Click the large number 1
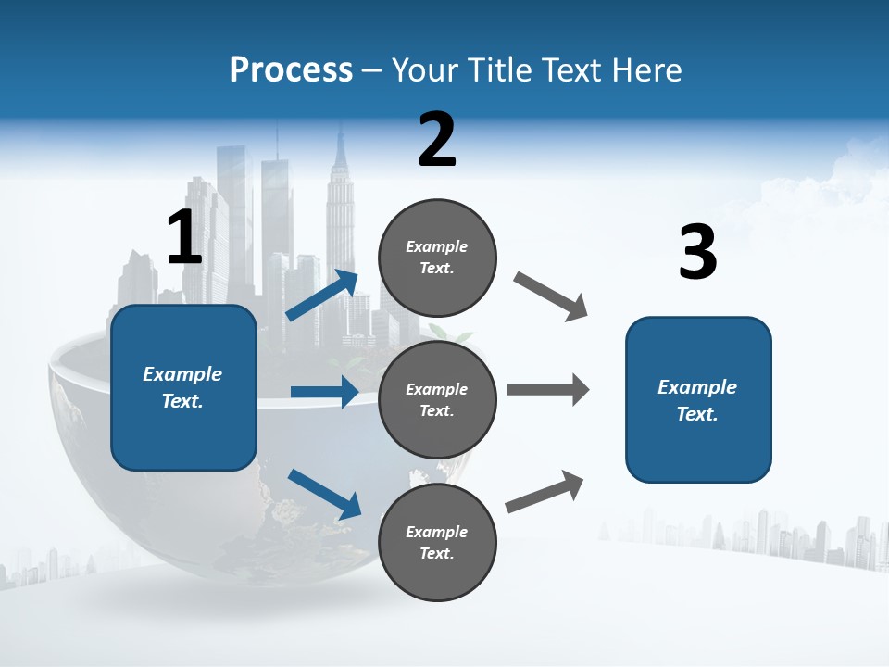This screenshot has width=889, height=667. pos(184,237)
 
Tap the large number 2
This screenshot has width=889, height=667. pos(437,140)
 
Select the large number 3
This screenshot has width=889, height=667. pos(697,253)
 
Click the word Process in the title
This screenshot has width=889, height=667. pos(291,69)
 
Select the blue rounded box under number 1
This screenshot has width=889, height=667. pos(183,387)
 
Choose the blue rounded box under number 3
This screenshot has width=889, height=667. pos(698,399)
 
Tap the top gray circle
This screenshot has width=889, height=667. pos(437,258)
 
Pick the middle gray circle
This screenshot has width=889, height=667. pos(437,399)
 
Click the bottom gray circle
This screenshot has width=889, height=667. pos(437,542)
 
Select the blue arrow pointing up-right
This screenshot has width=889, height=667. pos(322,296)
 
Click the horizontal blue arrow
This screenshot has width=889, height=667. pos(324,392)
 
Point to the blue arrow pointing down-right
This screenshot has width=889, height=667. pos(324,493)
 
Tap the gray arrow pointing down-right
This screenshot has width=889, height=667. pos(551,296)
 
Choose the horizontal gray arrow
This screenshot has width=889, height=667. pos(547,390)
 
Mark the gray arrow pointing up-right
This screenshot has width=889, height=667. pos(545,491)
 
